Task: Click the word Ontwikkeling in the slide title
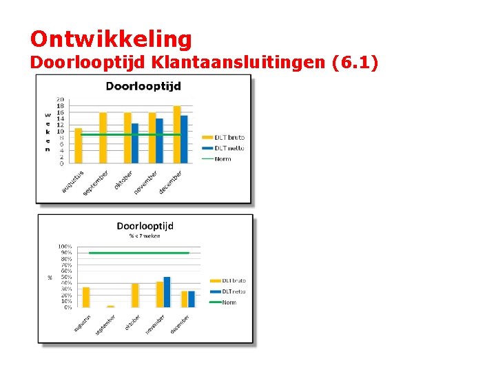(111, 39)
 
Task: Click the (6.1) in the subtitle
(355, 63)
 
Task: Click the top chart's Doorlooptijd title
(143, 86)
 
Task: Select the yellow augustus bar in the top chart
(79, 146)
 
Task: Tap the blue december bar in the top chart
(184, 140)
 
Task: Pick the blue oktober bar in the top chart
(135, 143)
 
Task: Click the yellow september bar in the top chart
(103, 138)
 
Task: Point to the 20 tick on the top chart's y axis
(61, 99)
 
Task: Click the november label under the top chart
(146, 182)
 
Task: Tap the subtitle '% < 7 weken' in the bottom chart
(145, 236)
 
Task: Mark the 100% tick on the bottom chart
(65, 247)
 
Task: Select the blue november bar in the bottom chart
(167, 292)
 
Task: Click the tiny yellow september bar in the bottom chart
(111, 306)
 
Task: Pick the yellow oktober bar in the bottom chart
(135, 296)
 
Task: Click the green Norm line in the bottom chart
(138, 253)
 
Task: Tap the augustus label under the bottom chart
(83, 322)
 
